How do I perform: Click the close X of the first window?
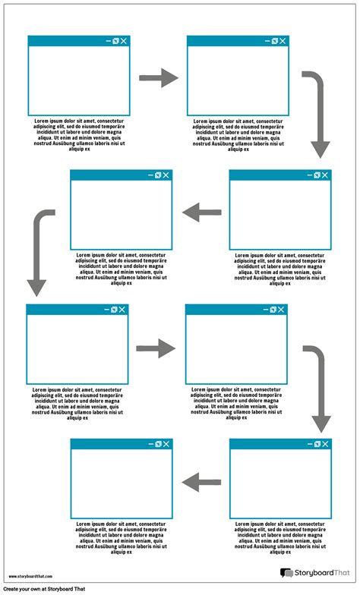[124, 41]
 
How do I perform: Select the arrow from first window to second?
[159, 77]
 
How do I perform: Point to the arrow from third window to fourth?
[201, 212]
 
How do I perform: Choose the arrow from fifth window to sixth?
[156, 348]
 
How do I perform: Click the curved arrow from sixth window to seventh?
[317, 387]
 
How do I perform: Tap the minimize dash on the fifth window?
[105, 310]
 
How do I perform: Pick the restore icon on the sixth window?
[272, 310]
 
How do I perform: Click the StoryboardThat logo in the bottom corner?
[311, 573]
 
